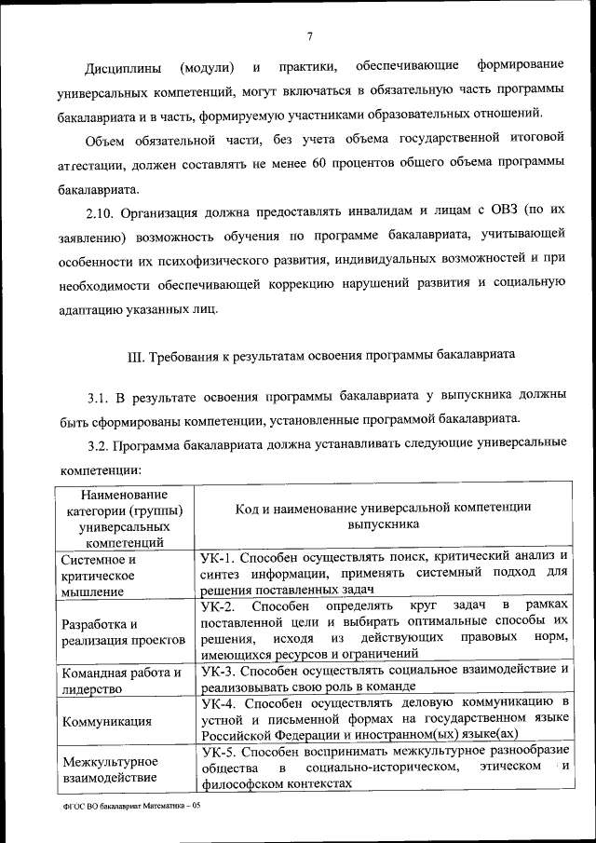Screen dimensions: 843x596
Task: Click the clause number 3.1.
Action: point(99,398)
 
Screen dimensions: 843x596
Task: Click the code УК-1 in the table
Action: point(218,557)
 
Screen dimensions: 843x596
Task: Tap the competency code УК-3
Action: point(218,670)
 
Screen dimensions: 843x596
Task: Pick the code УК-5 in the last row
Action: point(218,750)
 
